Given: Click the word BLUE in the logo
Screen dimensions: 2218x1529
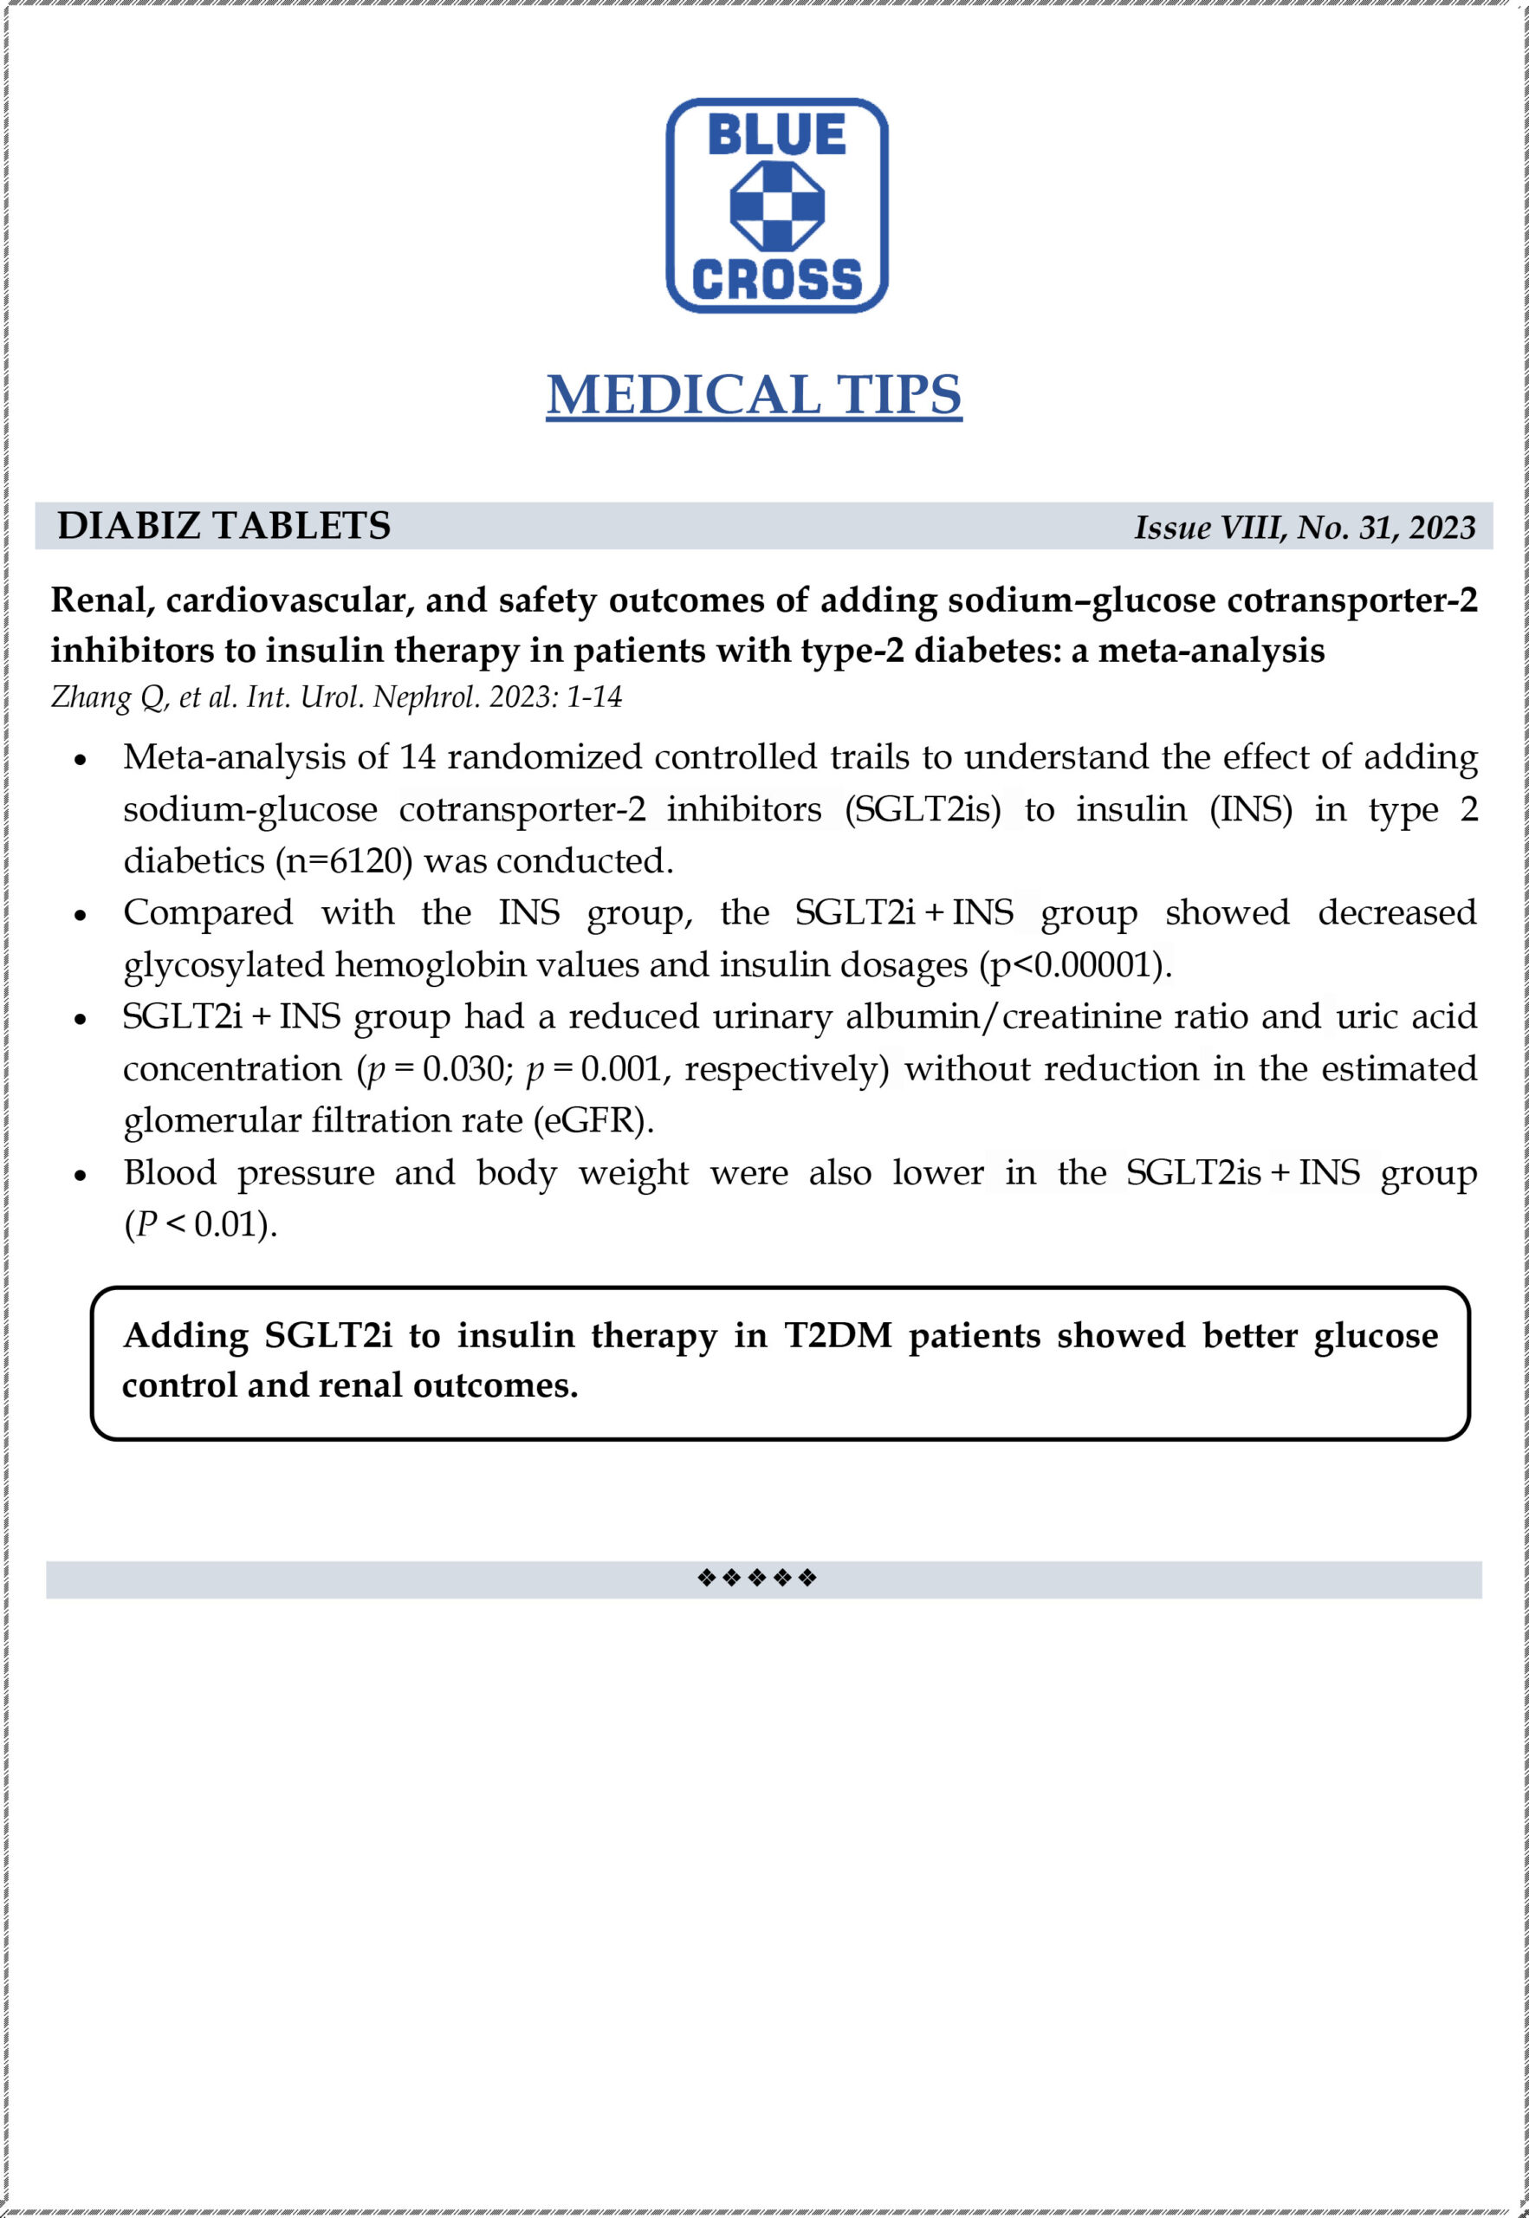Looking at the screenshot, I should (x=776, y=134).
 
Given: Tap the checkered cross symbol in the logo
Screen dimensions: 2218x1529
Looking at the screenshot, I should (x=777, y=206).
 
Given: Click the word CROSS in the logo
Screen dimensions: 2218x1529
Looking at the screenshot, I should (x=777, y=280).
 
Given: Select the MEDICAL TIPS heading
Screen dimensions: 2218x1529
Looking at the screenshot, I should (x=754, y=395).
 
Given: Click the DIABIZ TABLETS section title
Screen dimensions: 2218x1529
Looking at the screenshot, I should (x=224, y=526).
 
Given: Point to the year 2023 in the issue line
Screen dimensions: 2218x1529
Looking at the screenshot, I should (x=1442, y=528).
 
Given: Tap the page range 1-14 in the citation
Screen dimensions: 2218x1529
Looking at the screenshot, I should (x=594, y=697).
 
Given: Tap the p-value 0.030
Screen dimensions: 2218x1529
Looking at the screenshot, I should (x=463, y=1068).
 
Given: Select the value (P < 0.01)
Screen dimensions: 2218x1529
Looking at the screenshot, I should (x=200, y=1224).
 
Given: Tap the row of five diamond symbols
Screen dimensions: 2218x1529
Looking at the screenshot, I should (x=757, y=1577).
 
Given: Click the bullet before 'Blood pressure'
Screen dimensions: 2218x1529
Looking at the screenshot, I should (x=81, y=1176).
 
